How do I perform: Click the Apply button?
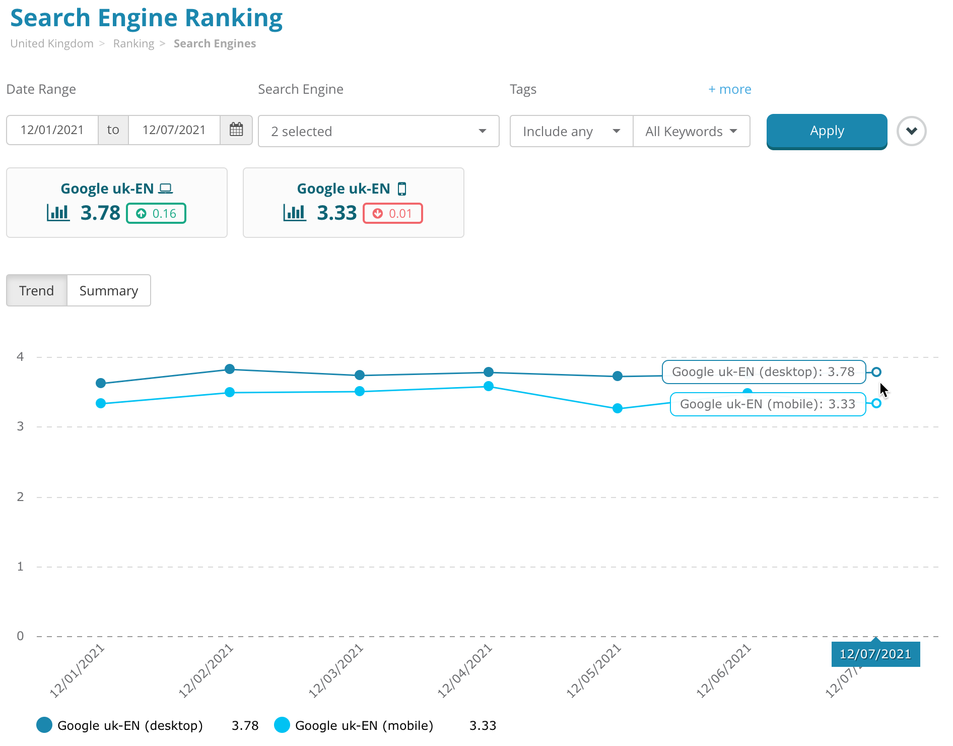(x=827, y=131)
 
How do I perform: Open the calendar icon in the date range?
(x=236, y=130)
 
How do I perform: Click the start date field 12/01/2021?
(x=52, y=130)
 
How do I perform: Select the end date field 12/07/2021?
(x=174, y=130)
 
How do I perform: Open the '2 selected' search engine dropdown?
(x=378, y=131)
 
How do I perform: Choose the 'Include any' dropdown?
(x=571, y=131)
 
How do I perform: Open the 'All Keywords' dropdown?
(x=691, y=131)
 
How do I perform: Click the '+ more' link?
(x=729, y=89)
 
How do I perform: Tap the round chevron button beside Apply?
(x=911, y=131)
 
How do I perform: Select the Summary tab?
(x=109, y=290)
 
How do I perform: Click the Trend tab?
(x=36, y=290)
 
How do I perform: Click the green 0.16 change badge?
(x=156, y=213)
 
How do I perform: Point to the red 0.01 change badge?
(x=393, y=213)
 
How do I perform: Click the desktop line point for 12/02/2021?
(x=230, y=369)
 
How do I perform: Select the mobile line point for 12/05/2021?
(x=618, y=408)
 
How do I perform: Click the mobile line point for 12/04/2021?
(x=489, y=386)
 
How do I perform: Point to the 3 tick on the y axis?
(x=20, y=426)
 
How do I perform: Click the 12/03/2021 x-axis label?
(x=336, y=671)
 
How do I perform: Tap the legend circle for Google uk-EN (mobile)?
(x=282, y=725)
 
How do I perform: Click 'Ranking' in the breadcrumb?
(x=133, y=43)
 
